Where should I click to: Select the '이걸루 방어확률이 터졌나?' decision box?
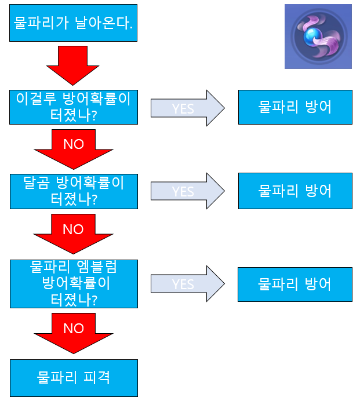[x=73, y=107]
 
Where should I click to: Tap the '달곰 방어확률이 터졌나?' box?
[x=73, y=191]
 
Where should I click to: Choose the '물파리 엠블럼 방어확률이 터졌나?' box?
[x=73, y=283]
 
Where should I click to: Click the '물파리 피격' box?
[x=73, y=378]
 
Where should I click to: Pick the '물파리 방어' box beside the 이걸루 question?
[x=294, y=107]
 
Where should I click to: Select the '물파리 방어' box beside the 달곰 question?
[x=294, y=190]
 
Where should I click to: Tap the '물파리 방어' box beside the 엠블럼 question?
[x=294, y=284]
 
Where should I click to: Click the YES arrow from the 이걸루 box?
[x=187, y=108]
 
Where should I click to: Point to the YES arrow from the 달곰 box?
[x=187, y=191]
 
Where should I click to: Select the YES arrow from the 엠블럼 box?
[x=187, y=284]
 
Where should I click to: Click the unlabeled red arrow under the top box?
[x=73, y=65]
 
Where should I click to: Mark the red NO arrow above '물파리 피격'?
[x=73, y=332]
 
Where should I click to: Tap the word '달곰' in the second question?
[x=36, y=183]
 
